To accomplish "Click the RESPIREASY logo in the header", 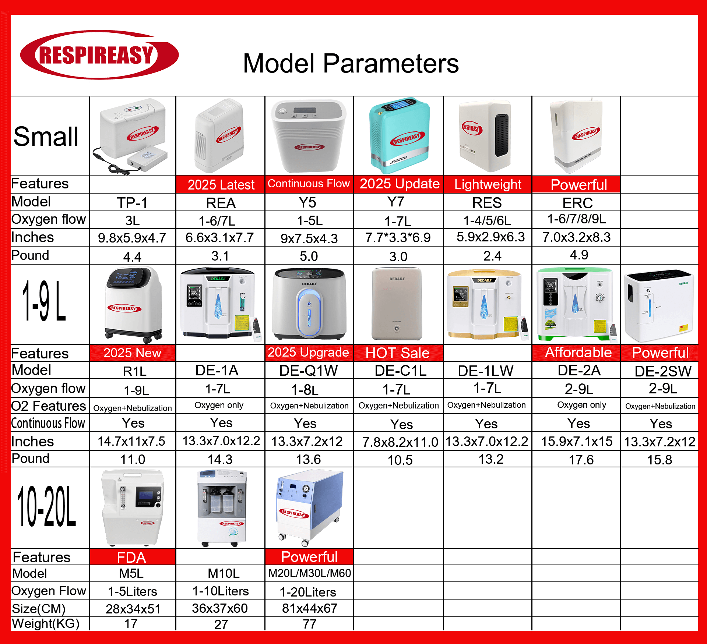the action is click(x=99, y=54).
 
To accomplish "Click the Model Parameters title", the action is click(x=351, y=63).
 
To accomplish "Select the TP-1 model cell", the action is click(x=132, y=203).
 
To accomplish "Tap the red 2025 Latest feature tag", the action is click(x=221, y=184).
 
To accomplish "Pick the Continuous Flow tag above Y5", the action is click(x=309, y=184).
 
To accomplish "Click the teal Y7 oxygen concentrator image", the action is click(x=399, y=135).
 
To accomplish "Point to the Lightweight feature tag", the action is click(x=488, y=184).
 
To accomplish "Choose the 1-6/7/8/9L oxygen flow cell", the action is click(x=577, y=219).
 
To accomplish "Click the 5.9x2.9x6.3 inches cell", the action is click(x=490, y=237).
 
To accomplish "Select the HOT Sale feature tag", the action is click(x=398, y=353).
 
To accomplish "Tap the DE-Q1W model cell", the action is click(x=309, y=371).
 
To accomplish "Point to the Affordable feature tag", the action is click(x=578, y=353).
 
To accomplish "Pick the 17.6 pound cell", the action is click(x=581, y=460).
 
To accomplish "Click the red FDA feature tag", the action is click(x=132, y=557).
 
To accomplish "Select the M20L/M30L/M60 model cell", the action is click(x=309, y=573).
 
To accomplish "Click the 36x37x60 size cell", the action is click(x=220, y=608).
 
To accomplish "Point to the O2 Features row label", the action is click(x=48, y=406).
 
